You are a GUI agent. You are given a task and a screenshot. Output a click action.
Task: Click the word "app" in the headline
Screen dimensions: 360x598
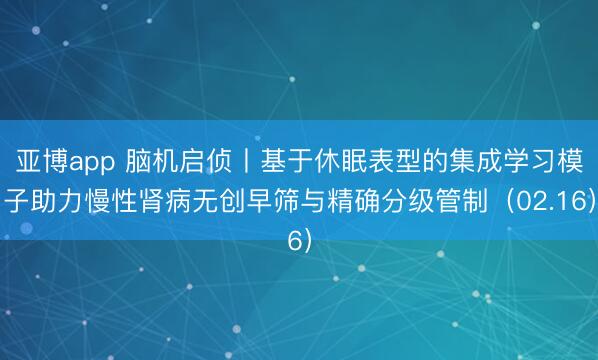pyautogui.click(x=96, y=163)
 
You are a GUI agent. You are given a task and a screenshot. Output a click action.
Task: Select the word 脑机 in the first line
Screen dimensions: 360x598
pyautogui.click(x=155, y=163)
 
